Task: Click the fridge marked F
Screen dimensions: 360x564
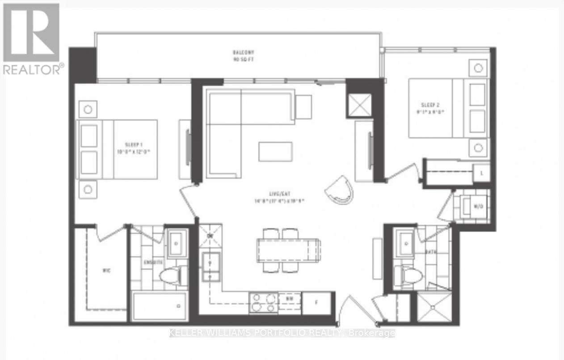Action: pyautogui.click(x=316, y=302)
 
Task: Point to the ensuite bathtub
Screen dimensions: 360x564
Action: pyautogui.click(x=160, y=305)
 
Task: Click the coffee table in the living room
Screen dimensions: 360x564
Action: pyautogui.click(x=275, y=151)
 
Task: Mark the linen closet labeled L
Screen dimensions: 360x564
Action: pyautogui.click(x=481, y=173)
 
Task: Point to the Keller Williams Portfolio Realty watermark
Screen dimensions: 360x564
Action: pyautogui.click(x=282, y=333)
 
